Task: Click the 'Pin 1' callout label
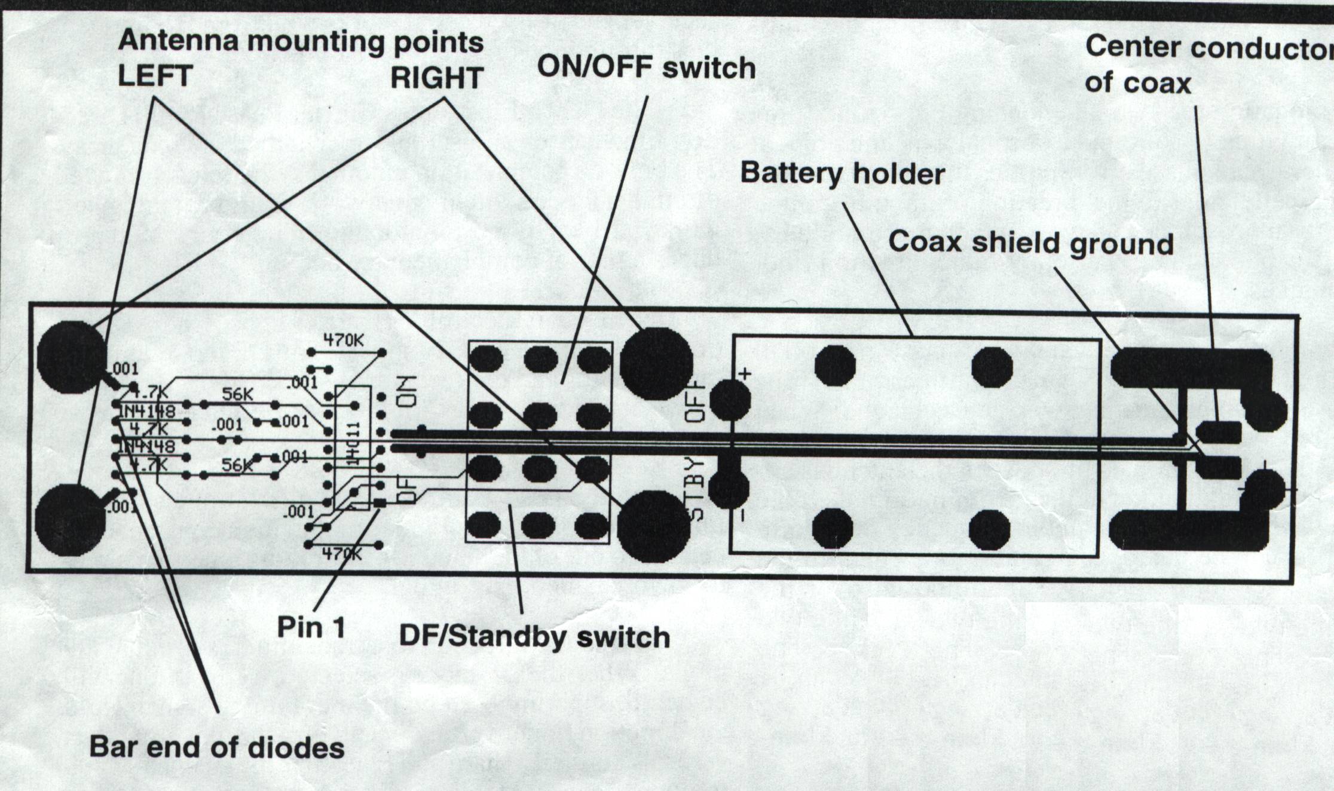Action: pyautogui.click(x=311, y=627)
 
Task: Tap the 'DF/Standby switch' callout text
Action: pyautogui.click(x=534, y=637)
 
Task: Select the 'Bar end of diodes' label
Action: pyautogui.click(x=216, y=747)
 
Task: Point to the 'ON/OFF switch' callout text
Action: pyautogui.click(x=646, y=67)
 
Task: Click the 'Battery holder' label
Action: pyautogui.click(x=842, y=173)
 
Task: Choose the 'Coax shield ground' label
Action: pyautogui.click(x=1030, y=243)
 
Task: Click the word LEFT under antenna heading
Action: pyautogui.click(x=155, y=76)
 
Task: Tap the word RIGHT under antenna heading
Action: pyautogui.click(x=436, y=78)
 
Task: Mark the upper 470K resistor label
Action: pyautogui.click(x=344, y=340)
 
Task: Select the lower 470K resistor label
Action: pyautogui.click(x=342, y=554)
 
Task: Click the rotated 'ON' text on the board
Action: pyautogui.click(x=408, y=392)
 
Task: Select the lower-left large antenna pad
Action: pyautogui.click(x=69, y=520)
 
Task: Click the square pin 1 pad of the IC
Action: pyautogui.click(x=380, y=504)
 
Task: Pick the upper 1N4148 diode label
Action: pyautogui.click(x=148, y=411)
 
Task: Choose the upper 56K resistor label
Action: pyautogui.click(x=237, y=394)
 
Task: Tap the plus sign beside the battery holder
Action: pyautogui.click(x=745, y=374)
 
